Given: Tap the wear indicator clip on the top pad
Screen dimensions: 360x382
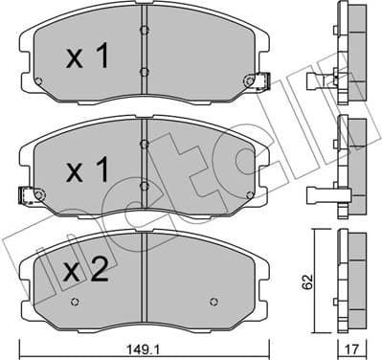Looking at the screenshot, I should [254, 83].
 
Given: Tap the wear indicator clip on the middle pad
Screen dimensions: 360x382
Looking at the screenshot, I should [29, 197].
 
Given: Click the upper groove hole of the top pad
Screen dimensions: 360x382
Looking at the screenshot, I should [143, 31].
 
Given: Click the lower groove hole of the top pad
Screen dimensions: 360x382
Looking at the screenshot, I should [143, 73].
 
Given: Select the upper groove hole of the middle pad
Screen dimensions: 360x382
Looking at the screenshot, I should [143, 144].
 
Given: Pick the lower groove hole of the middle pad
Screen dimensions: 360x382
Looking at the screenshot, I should [143, 187].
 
